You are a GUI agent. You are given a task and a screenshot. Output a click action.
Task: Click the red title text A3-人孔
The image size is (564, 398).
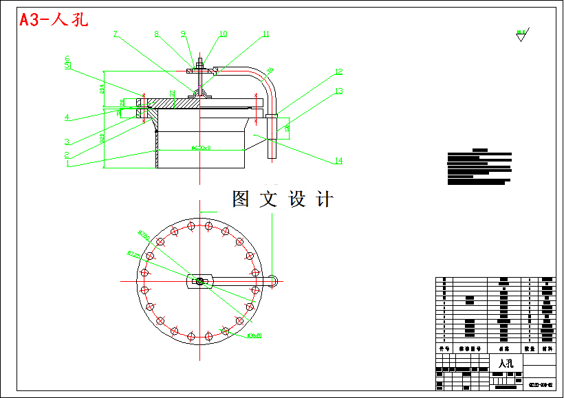click(x=54, y=19)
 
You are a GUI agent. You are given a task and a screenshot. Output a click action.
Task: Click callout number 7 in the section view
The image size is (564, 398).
click(x=115, y=34)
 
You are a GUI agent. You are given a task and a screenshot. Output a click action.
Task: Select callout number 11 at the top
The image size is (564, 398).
click(x=266, y=34)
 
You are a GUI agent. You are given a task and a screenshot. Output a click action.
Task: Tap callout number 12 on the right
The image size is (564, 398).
click(x=338, y=71)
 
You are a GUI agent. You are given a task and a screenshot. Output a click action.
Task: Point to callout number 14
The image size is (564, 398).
click(x=338, y=161)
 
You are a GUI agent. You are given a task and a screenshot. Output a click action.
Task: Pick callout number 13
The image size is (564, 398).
click(x=338, y=91)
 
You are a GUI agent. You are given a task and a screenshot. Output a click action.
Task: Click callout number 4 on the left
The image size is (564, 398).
click(x=67, y=118)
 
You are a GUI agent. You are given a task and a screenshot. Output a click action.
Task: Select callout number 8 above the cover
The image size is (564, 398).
click(x=157, y=34)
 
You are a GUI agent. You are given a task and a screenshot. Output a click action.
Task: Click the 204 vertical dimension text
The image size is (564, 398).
click(x=102, y=89)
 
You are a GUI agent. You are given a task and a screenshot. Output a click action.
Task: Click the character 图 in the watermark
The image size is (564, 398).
click(x=241, y=199)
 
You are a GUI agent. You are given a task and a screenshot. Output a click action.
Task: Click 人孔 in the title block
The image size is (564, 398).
click(x=506, y=363)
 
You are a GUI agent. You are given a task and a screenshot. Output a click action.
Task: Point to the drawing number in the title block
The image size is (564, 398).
click(x=540, y=384)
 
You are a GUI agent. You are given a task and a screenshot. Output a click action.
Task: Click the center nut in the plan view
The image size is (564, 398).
click(x=199, y=280)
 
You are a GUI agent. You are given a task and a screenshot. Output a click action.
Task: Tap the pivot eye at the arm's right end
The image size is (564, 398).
click(x=274, y=280)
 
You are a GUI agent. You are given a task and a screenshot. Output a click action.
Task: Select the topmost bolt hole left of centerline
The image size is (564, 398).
click(x=191, y=228)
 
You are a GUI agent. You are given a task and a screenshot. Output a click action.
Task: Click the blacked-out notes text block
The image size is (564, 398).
click(x=479, y=167)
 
